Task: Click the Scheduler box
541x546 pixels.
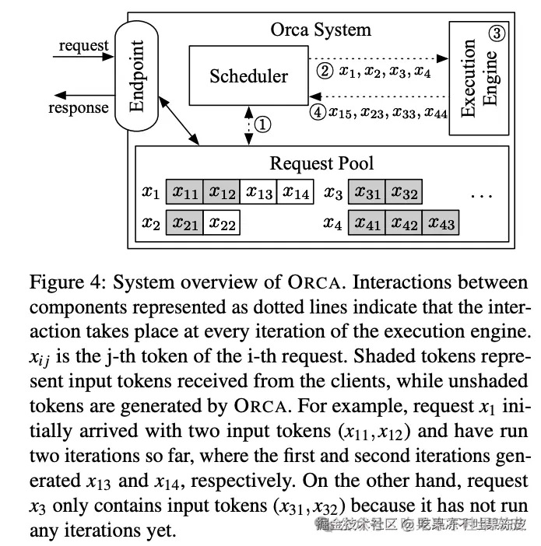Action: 248,75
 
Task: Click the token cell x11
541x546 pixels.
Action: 184,191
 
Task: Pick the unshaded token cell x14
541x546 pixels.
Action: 296,191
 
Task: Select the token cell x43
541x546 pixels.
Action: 441,223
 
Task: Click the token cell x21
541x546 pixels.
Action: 184,223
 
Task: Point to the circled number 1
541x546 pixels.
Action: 263,124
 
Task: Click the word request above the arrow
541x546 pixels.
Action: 83,45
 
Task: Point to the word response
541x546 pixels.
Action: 79,107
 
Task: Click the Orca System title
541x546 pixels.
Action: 320,30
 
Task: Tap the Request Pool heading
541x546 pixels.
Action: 321,163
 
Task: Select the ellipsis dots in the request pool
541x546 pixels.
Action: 482,194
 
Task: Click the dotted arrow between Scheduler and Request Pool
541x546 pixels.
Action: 248,124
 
